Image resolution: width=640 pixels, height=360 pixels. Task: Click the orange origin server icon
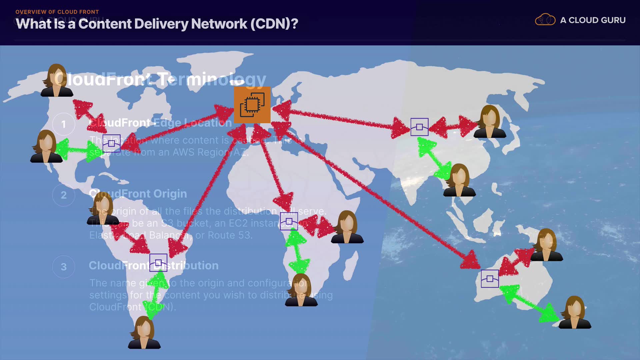click(252, 105)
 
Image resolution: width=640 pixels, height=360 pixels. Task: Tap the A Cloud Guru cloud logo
click(545, 20)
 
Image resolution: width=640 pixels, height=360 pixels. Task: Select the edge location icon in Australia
click(490, 279)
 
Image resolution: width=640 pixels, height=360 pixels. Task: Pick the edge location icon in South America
click(158, 262)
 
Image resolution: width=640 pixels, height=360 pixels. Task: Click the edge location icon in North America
click(111, 143)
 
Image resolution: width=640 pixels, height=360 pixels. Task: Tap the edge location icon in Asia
click(419, 127)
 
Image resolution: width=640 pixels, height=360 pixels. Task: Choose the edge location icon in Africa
click(289, 221)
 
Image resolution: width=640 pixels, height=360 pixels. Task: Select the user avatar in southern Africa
click(301, 290)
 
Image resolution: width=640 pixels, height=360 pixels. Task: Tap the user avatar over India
click(459, 180)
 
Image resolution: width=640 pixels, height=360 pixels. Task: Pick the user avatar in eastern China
click(490, 121)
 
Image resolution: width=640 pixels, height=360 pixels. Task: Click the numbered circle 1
click(64, 124)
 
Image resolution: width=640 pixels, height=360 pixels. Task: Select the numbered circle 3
click(64, 267)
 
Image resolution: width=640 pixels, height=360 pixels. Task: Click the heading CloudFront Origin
click(138, 194)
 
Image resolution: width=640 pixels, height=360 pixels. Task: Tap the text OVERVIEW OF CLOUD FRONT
click(57, 12)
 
